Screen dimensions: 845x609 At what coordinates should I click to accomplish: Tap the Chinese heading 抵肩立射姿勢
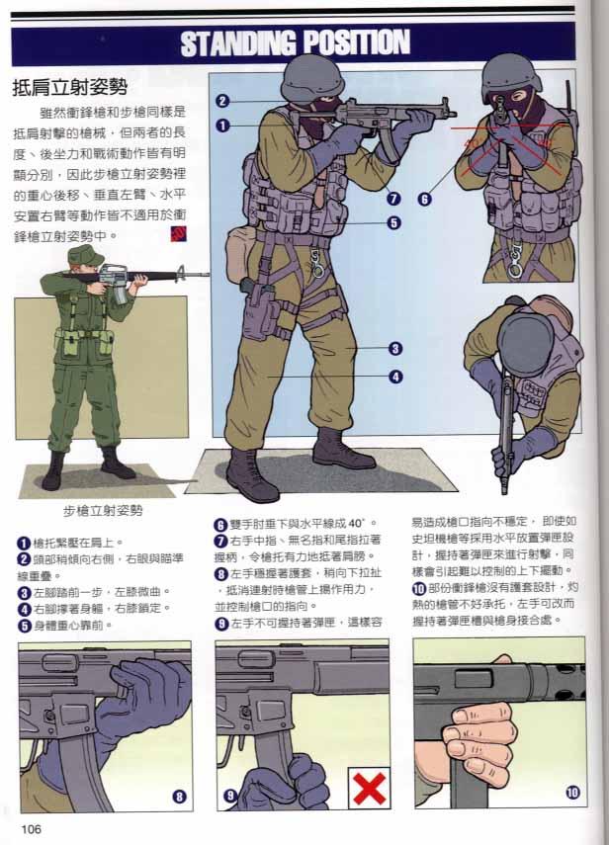pyautogui.click(x=69, y=87)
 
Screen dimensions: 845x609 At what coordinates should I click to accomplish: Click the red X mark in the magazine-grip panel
pyautogui.click(x=370, y=788)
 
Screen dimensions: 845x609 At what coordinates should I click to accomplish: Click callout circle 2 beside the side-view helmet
pyautogui.click(x=222, y=100)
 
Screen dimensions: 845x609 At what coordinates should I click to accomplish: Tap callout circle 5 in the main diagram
pyautogui.click(x=393, y=223)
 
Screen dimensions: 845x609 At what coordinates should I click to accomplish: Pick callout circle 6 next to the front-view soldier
pyautogui.click(x=424, y=198)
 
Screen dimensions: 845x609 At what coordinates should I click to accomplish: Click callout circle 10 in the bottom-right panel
pyautogui.click(x=572, y=791)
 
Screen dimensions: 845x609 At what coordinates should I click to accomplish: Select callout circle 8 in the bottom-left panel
pyautogui.click(x=179, y=795)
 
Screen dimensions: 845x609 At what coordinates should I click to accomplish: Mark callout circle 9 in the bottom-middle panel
pyautogui.click(x=229, y=794)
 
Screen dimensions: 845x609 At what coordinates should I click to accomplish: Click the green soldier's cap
pyautogui.click(x=86, y=256)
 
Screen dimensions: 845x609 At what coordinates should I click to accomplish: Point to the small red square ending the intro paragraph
pyautogui.click(x=179, y=234)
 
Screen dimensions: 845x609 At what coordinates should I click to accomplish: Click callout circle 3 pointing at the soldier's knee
pyautogui.click(x=393, y=348)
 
